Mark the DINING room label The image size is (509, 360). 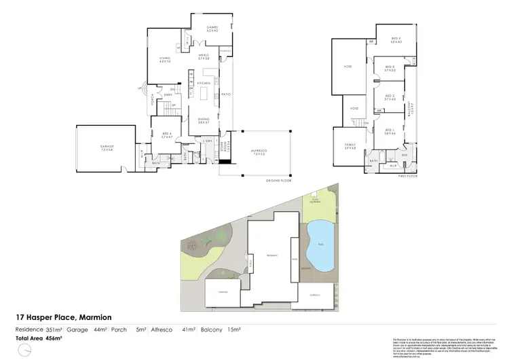[x=203, y=120]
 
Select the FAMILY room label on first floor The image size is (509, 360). [x=350, y=145]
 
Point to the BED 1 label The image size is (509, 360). [x=390, y=130]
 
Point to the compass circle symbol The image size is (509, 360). [x=24, y=349]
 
